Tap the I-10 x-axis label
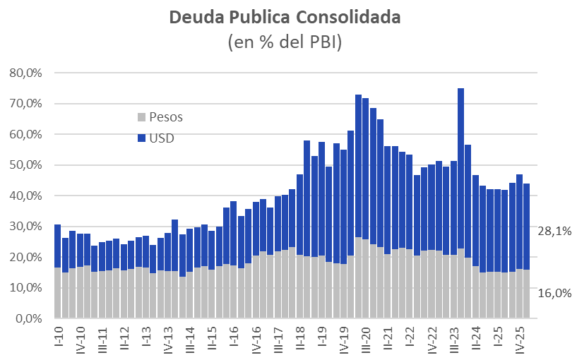pos(58,335)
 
